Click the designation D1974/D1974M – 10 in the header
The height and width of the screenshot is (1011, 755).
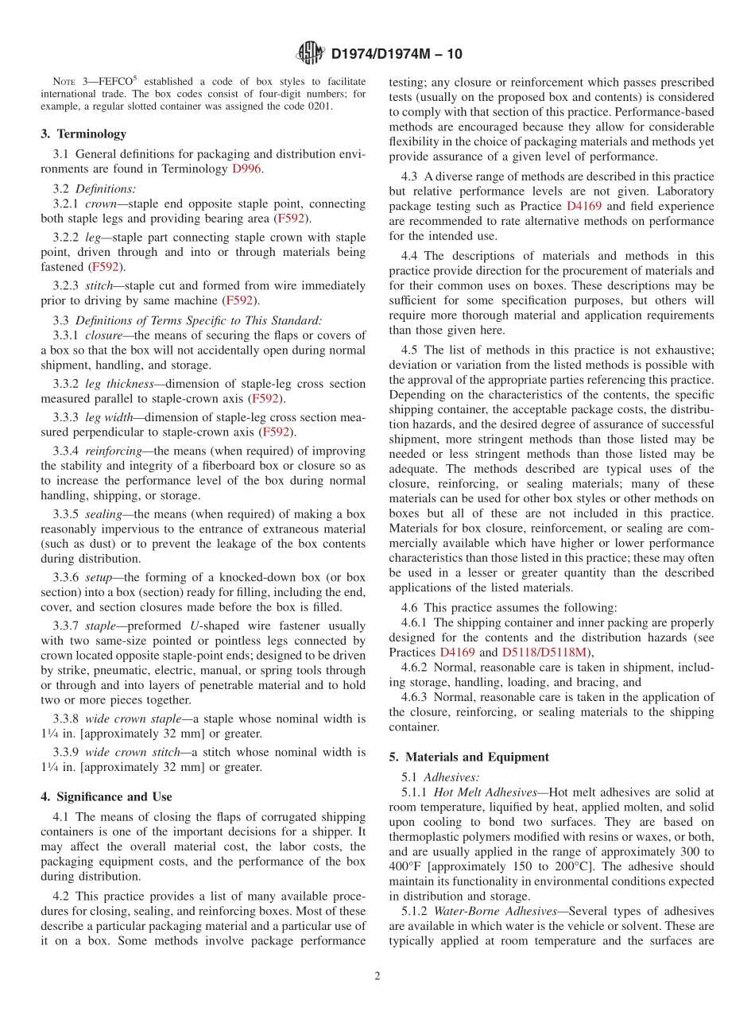click(x=396, y=54)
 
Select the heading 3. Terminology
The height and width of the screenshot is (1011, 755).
click(x=83, y=134)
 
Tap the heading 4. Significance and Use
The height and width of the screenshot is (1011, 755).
click(x=106, y=796)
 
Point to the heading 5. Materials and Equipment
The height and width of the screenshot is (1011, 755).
click(x=469, y=757)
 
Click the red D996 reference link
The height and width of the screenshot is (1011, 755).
click(x=246, y=168)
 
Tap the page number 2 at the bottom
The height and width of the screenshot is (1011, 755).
click(x=377, y=976)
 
